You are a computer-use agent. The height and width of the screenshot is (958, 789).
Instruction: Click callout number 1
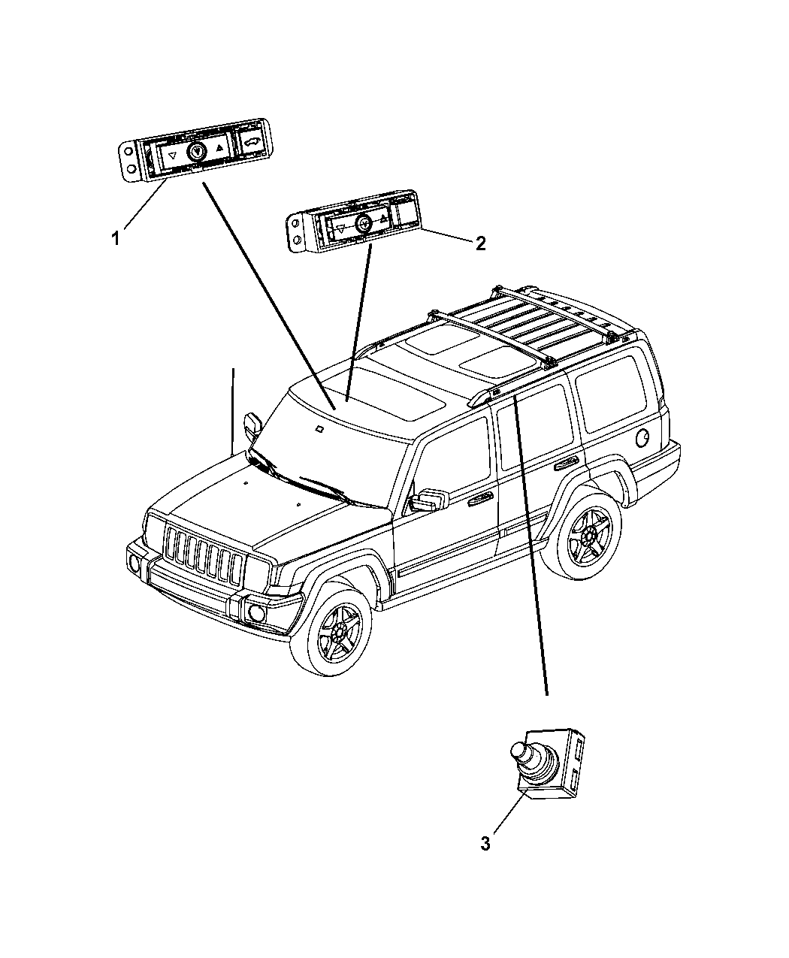coord(116,239)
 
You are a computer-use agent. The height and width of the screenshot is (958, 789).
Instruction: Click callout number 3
coord(485,844)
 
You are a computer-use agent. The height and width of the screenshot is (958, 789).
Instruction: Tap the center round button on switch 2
coord(363,223)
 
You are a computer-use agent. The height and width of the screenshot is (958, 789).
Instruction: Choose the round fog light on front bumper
coord(256,613)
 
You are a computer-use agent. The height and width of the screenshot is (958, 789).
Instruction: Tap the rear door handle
coord(565,467)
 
